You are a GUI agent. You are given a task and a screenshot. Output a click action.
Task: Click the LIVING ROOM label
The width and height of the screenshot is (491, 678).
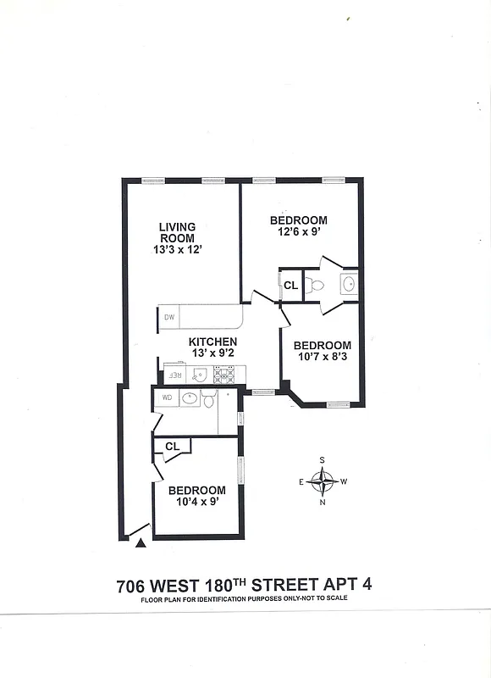pos(177,232)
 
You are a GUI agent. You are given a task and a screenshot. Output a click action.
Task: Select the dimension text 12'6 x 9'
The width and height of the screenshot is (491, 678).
pos(297,231)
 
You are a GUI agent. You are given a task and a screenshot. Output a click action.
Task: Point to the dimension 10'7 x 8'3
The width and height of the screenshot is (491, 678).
pos(322,357)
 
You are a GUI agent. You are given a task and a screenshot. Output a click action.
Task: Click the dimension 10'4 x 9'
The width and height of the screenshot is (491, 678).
pos(196,502)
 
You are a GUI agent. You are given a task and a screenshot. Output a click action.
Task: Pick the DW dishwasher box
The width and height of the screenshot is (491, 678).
pos(168,318)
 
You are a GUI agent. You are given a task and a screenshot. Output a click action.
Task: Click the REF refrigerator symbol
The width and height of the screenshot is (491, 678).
pos(174,374)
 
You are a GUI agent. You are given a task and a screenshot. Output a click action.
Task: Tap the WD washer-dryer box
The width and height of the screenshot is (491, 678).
pos(166,397)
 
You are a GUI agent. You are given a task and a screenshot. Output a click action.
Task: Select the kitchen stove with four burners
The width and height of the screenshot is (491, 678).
pos(223,374)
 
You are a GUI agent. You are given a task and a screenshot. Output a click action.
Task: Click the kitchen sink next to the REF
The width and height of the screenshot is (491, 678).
pos(200,374)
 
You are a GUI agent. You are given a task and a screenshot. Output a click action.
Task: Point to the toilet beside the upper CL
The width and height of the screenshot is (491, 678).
pos(316,285)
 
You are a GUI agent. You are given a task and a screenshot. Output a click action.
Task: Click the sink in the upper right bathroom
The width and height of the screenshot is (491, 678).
pos(348,283)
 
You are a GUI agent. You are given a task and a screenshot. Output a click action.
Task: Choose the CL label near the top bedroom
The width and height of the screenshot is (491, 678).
pos(290,286)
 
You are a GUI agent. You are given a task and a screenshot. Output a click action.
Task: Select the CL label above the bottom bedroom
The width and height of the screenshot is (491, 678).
pos(172,446)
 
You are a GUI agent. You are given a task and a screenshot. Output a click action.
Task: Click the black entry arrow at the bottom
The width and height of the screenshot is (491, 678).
pos(141,542)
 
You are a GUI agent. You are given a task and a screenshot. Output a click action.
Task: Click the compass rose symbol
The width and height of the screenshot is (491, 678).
pos(323,481)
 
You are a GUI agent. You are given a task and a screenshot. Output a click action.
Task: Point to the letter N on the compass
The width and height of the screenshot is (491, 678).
pos(323,503)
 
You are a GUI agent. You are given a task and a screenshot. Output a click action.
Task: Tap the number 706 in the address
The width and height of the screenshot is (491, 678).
pos(134,585)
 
